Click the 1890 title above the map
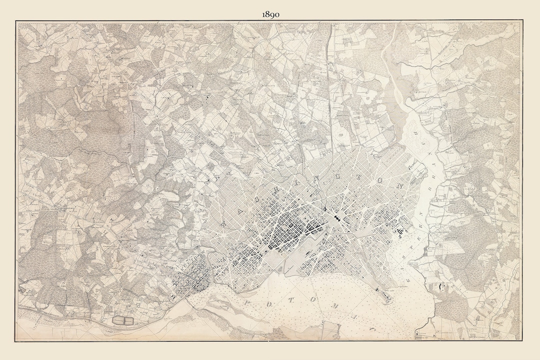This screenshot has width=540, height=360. coord(270,14)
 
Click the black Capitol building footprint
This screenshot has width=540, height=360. coord(336,218)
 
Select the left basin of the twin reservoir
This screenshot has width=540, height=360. coord(119,319)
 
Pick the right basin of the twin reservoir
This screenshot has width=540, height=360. coord(129,319)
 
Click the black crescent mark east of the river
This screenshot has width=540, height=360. coord(440,286)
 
